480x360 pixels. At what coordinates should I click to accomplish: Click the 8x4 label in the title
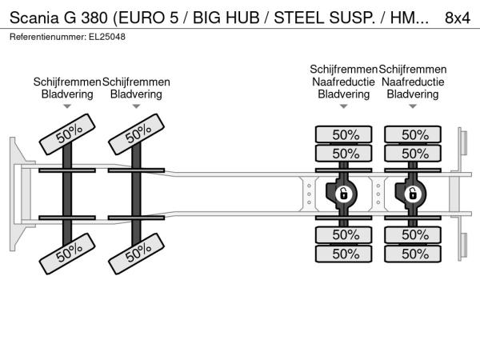coord(458,18)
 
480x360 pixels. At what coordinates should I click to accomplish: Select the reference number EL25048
coord(107,37)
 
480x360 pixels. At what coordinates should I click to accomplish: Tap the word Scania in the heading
coord(34,18)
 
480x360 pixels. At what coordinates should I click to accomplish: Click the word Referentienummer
coord(48,37)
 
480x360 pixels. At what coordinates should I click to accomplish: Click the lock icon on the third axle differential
coord(344,194)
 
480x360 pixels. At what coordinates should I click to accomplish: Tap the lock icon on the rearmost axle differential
coord(413,194)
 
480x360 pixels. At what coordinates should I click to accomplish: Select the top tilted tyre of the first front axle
coord(67,134)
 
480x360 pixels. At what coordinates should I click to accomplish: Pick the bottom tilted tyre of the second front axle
coord(137,254)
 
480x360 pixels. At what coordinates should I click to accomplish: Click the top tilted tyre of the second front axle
coord(137,134)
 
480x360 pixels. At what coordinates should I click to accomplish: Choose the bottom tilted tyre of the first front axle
coord(67,254)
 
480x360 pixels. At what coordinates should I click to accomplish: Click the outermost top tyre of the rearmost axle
coord(413,134)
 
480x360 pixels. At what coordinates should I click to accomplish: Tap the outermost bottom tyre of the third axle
coord(344,254)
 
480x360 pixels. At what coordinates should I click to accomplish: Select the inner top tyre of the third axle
coord(344,154)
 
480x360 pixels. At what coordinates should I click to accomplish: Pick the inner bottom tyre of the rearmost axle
coord(413,234)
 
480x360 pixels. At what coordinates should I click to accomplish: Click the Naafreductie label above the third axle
coord(343,82)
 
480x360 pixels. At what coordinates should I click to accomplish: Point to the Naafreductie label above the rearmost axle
coord(413,82)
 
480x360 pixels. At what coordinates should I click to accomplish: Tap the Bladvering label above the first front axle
coord(67,94)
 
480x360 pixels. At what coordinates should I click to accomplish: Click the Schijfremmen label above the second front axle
coord(136,82)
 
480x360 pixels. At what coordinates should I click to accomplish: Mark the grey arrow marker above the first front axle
coord(67,106)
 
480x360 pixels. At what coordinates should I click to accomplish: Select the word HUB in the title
coord(242,18)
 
